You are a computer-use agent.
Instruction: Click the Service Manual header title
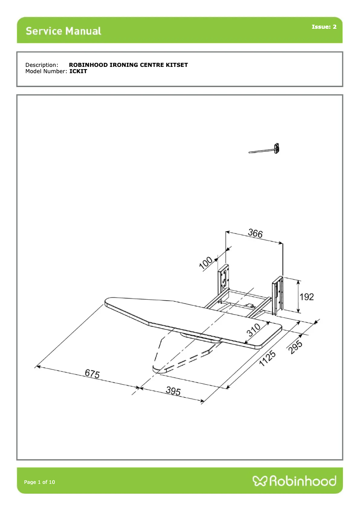coord(63,31)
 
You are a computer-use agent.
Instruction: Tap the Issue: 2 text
coord(324,27)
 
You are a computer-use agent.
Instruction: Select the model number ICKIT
coord(78,71)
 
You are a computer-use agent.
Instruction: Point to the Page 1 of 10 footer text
coord(40,482)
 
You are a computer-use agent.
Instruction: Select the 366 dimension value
coord(255,233)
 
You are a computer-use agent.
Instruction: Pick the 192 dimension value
coord(307,297)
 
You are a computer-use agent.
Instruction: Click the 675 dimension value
coord(92,374)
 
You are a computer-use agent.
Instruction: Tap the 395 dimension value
coord(173,391)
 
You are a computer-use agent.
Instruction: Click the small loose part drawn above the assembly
coord(266,149)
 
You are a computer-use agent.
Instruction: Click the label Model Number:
coord(46,71)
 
